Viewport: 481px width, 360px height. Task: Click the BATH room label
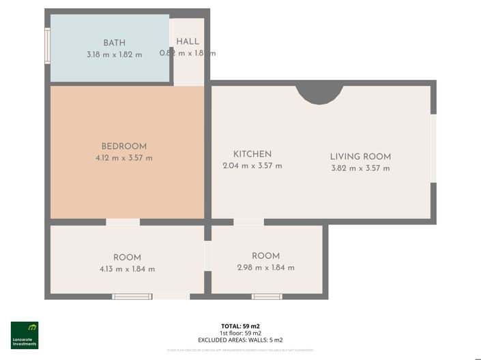[x=114, y=42]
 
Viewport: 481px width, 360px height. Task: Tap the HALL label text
[x=188, y=42]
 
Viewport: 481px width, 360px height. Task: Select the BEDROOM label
[x=123, y=146]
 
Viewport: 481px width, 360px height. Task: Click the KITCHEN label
[x=252, y=154]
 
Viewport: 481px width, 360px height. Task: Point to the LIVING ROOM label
[x=360, y=156]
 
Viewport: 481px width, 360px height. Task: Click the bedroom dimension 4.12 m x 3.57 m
[x=123, y=158]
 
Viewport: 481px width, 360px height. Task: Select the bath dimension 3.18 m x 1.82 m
[x=114, y=54]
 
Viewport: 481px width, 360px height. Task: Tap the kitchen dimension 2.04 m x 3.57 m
[x=252, y=166]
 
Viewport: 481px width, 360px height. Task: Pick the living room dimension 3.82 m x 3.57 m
[x=360, y=168]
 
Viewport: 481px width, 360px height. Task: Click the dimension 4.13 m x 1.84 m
[x=127, y=269]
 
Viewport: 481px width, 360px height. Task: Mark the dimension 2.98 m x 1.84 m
[x=265, y=267]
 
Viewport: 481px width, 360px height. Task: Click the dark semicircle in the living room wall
[x=319, y=92]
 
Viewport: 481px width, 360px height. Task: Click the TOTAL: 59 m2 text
[x=240, y=325]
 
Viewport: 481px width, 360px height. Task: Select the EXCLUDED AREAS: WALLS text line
[x=240, y=340]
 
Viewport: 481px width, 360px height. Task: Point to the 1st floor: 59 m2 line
[x=240, y=333]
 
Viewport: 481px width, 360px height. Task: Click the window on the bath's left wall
[x=47, y=46]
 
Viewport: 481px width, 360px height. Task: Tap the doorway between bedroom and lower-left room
[x=123, y=222]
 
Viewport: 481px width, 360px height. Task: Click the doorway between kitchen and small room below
[x=248, y=222]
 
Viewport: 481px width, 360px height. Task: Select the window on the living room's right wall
[x=433, y=148]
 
